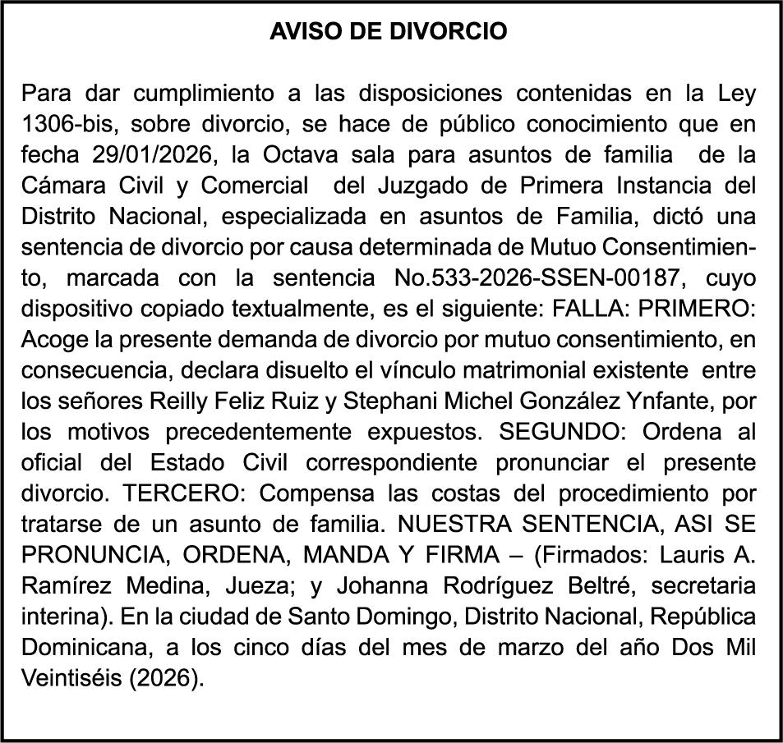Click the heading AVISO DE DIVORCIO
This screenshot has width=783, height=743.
[x=389, y=32]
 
